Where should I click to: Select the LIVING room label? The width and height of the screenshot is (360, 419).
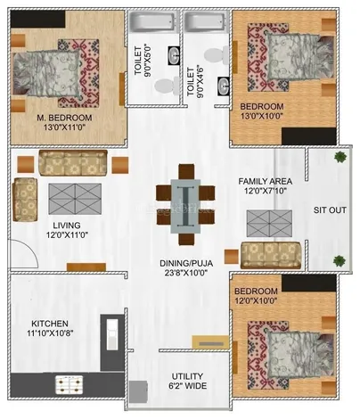pyautogui.click(x=67, y=225)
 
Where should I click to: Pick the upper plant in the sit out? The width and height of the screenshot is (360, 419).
pyautogui.click(x=340, y=158)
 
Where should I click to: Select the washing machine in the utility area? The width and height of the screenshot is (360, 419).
pyautogui.click(x=137, y=393)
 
